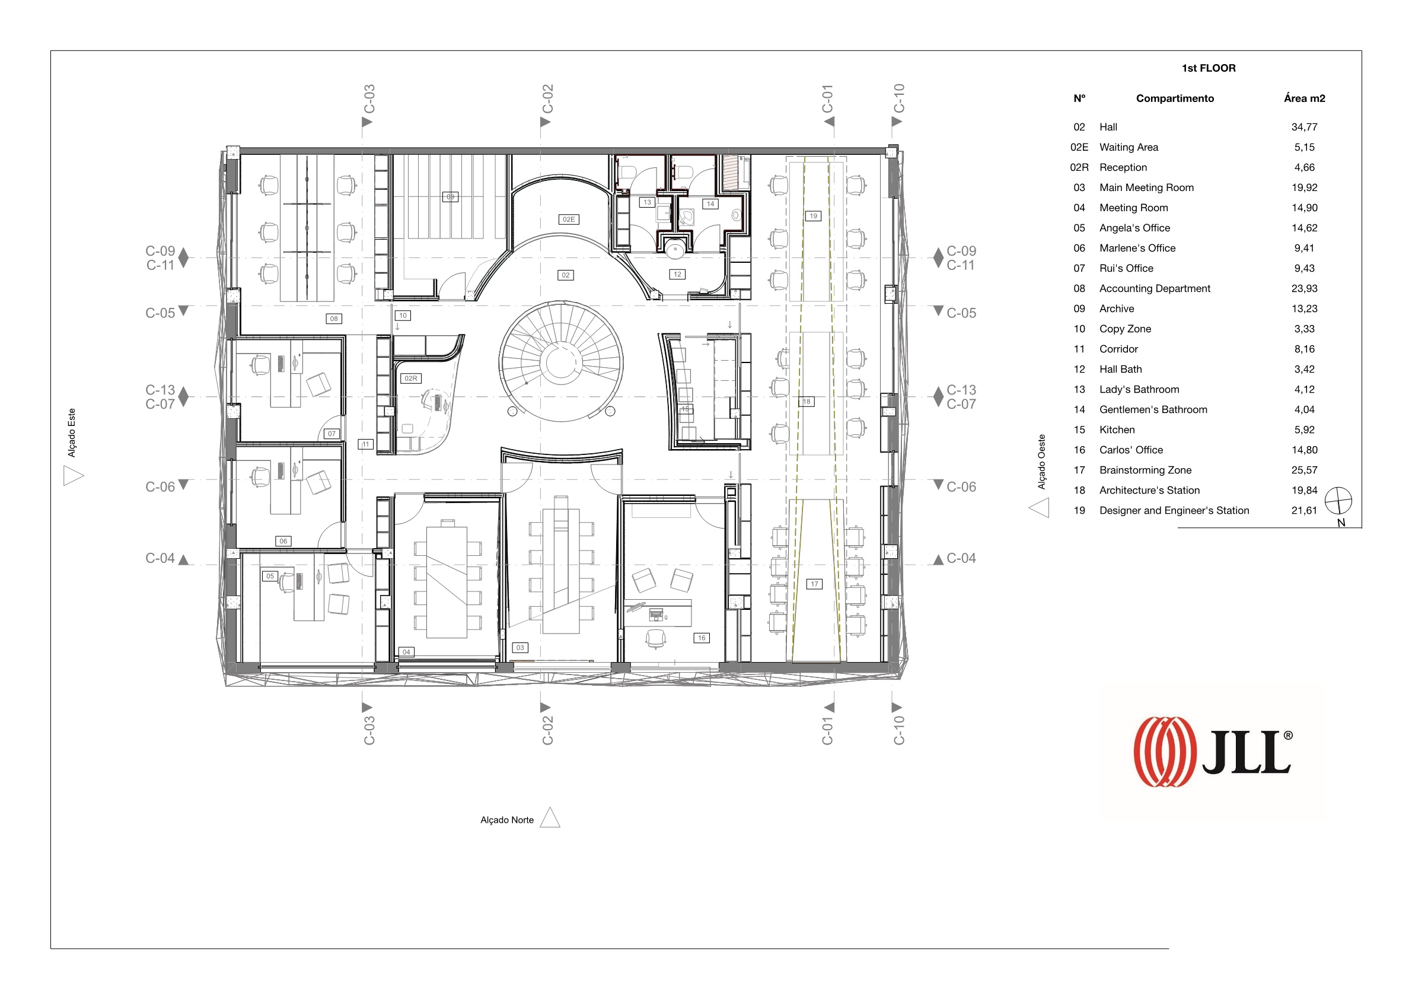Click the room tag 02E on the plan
click(x=568, y=219)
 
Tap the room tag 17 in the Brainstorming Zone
click(x=814, y=584)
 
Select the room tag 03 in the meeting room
click(x=520, y=648)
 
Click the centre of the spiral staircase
click(x=561, y=361)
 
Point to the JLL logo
click(x=1213, y=752)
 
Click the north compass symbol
click(x=1338, y=501)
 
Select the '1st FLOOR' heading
click(x=1209, y=68)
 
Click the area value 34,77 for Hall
click(x=1303, y=128)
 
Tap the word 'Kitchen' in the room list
click(x=1117, y=430)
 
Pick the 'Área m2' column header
click(x=1305, y=98)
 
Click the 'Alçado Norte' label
click(x=507, y=820)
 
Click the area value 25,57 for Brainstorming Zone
click(x=1303, y=470)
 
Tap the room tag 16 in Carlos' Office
click(x=702, y=638)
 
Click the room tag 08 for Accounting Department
click(x=334, y=319)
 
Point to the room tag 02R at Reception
click(x=411, y=378)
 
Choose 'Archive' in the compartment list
click(x=1117, y=309)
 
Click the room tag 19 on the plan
click(x=813, y=216)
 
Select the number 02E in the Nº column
click(x=1079, y=148)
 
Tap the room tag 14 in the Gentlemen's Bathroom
click(x=710, y=203)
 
